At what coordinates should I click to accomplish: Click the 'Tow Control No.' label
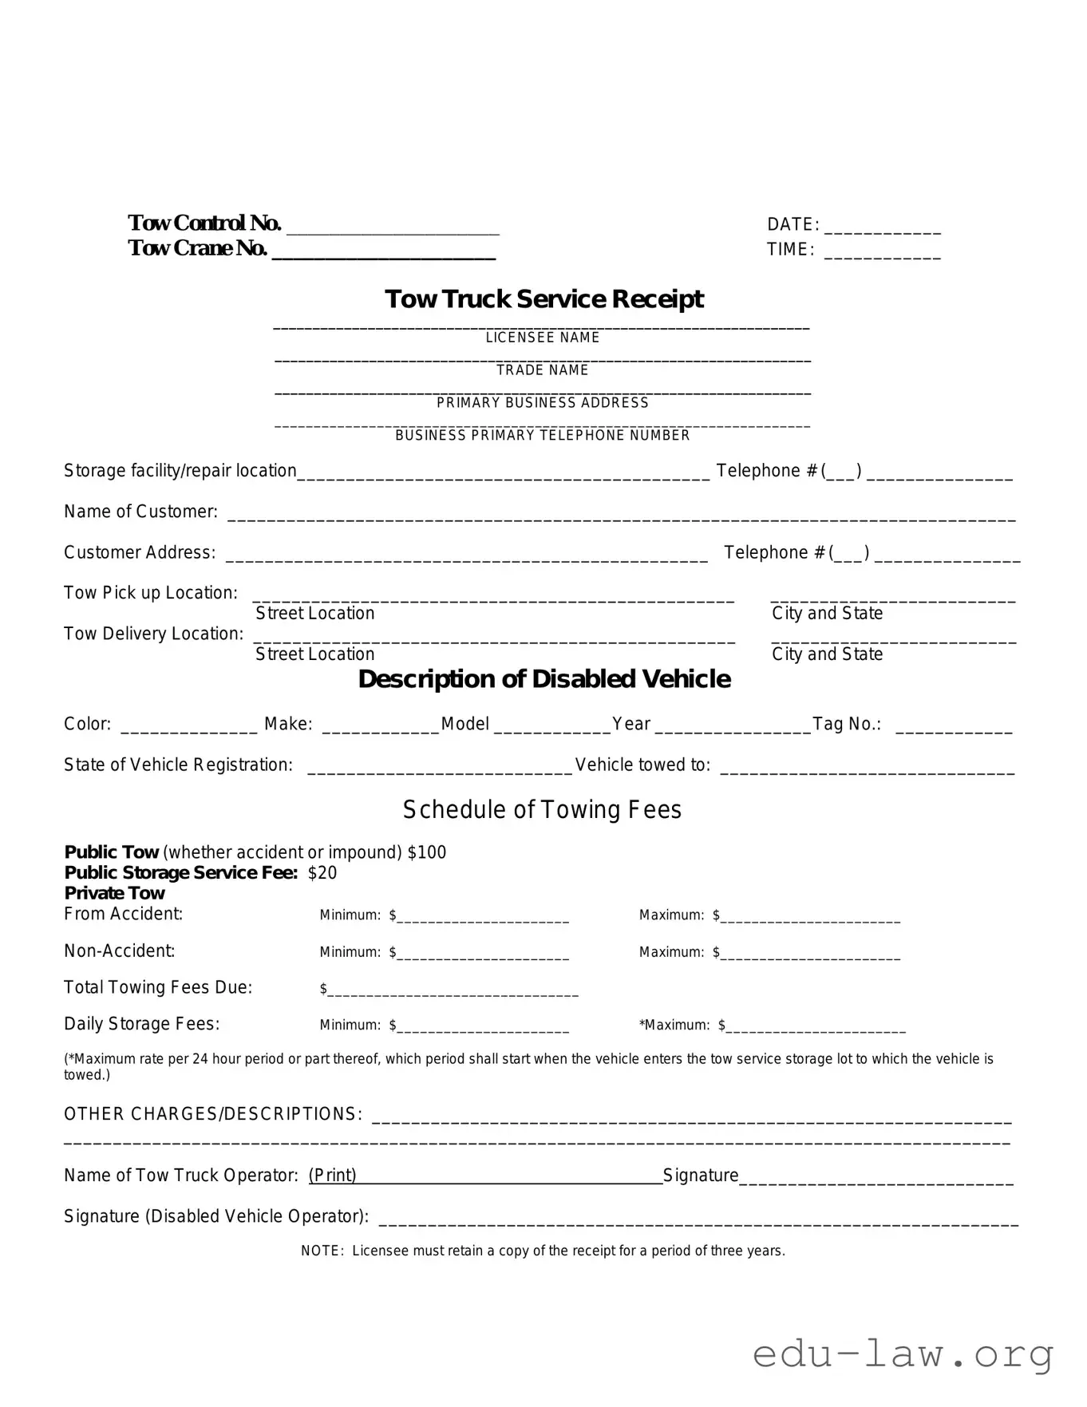click(204, 223)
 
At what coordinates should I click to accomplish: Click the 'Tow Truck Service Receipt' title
click(543, 299)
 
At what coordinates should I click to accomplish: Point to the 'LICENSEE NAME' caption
click(543, 338)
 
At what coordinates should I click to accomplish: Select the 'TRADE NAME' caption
click(543, 370)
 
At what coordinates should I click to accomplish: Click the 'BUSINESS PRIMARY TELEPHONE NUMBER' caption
click(543, 436)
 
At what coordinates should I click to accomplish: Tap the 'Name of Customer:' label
click(140, 512)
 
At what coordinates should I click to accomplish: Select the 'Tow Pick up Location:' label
click(151, 593)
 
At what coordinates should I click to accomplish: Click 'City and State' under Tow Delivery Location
click(827, 654)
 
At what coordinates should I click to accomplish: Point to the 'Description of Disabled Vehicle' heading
click(544, 679)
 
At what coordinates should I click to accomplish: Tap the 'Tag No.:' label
click(847, 724)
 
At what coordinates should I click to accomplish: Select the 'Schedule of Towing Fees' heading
click(542, 810)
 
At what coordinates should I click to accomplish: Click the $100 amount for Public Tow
click(427, 852)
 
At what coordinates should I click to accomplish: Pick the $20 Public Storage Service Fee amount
click(322, 873)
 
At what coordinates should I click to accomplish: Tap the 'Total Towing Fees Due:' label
click(158, 988)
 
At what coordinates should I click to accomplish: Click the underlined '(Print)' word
click(333, 1176)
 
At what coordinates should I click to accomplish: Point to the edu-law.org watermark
click(903, 1355)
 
